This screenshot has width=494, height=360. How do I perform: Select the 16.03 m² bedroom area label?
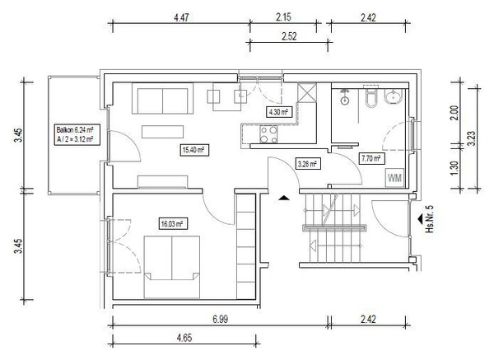pyautogui.click(x=172, y=224)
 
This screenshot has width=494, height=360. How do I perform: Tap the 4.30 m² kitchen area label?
pyautogui.click(x=278, y=111)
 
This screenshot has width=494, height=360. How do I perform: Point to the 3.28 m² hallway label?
pyautogui.click(x=307, y=164)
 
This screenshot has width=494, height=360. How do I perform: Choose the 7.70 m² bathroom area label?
pyautogui.click(x=371, y=158)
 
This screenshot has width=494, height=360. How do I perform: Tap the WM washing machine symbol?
pyautogui.click(x=394, y=178)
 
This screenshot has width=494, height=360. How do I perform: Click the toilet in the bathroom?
pyautogui.click(x=370, y=97)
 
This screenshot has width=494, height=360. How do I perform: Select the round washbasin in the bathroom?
pyautogui.click(x=394, y=96)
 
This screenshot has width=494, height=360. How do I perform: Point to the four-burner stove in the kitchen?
pyautogui.click(x=268, y=134)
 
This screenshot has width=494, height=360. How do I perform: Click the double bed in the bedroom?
pyautogui.click(x=172, y=267)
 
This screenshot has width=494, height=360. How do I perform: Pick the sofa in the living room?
pyautogui.click(x=162, y=98)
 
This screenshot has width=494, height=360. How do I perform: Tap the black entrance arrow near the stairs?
pyautogui.click(x=284, y=198)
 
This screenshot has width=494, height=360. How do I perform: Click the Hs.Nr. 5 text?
pyautogui.click(x=430, y=219)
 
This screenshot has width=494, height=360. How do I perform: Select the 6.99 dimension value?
pyautogui.click(x=220, y=320)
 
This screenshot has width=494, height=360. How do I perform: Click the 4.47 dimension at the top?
pyautogui.click(x=181, y=17)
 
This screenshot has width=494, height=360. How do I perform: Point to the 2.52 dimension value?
pyautogui.click(x=289, y=36)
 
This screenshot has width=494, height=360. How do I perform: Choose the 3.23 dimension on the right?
pyautogui.click(x=472, y=138)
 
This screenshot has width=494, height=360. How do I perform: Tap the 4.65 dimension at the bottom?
pyautogui.click(x=184, y=339)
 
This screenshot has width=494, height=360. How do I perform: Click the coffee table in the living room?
pyautogui.click(x=162, y=132)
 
